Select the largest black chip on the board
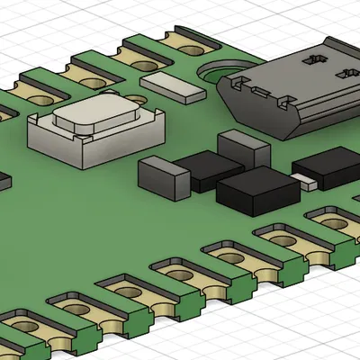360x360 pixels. pyautogui.click(x=256, y=191)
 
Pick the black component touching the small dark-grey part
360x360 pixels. pyautogui.click(x=207, y=171)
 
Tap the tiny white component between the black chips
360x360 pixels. pyautogui.click(x=308, y=183)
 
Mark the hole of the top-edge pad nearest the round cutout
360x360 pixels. pyautogui.click(x=190, y=40)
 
